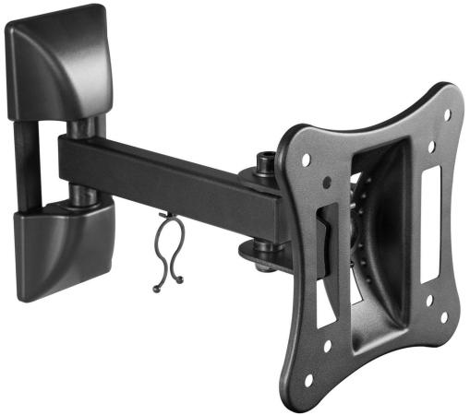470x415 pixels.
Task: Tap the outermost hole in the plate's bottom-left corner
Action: coord(306,379)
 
